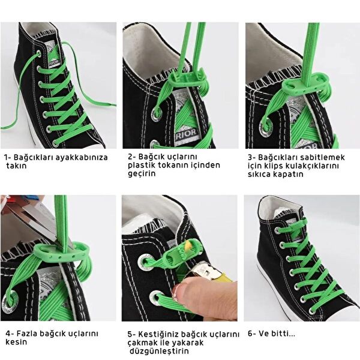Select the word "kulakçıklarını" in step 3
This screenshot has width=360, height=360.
pyautogui.click(x=313, y=166)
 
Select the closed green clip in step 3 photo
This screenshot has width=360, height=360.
pyautogui.click(x=306, y=85)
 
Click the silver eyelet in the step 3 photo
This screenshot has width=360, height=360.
pyautogui.click(x=266, y=127)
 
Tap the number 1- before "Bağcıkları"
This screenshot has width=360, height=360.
pyautogui.click(x=8, y=158)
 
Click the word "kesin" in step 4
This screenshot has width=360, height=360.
pyautogui.click(x=16, y=342)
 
